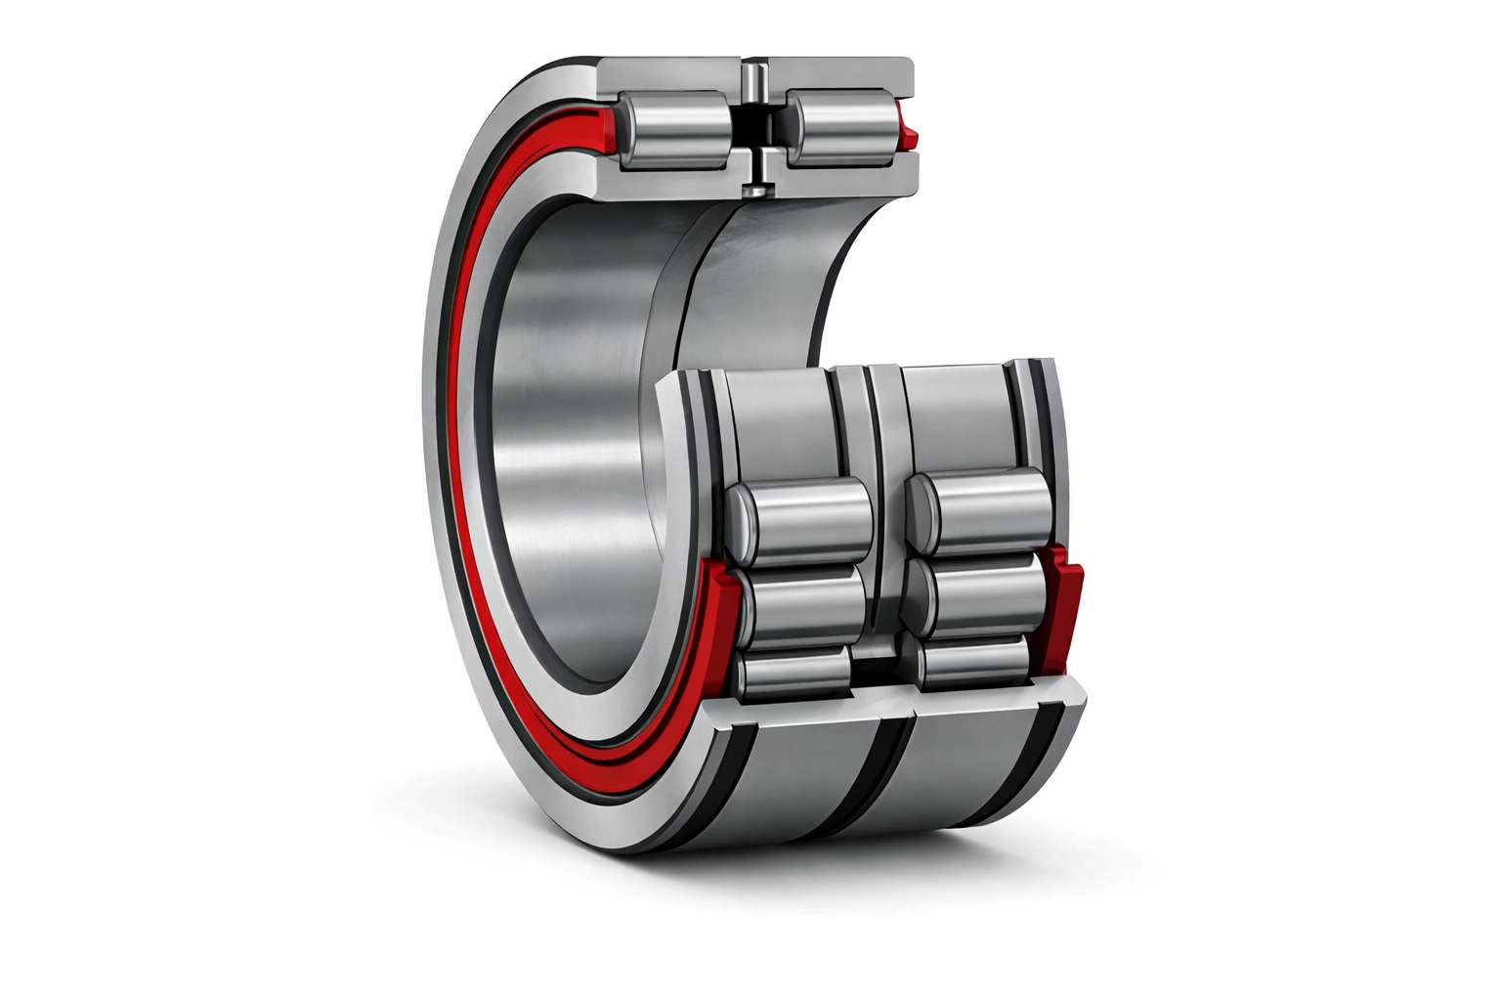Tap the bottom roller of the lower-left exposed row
click(794, 673)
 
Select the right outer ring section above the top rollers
click(840, 73)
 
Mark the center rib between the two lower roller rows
click(884, 508)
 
